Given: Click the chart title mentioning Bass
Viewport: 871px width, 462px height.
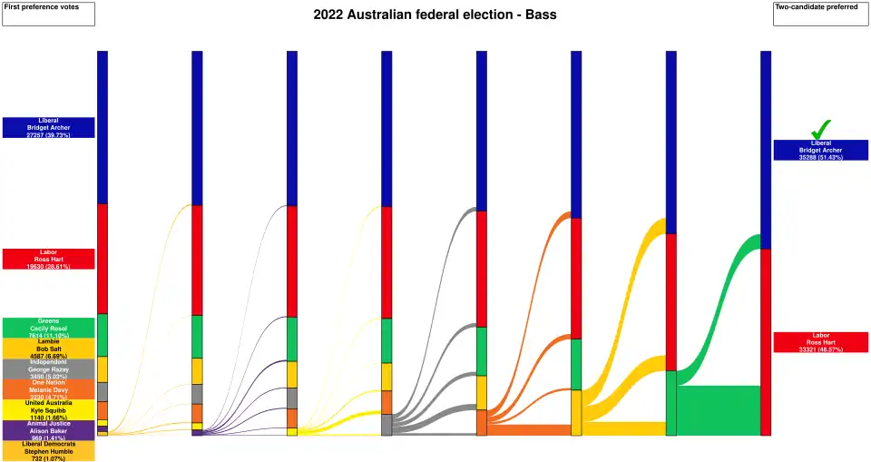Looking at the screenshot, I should tap(435, 15).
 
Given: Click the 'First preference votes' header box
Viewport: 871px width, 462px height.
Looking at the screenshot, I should tap(48, 14).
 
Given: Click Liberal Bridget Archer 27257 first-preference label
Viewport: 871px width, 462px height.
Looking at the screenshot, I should tap(48, 127).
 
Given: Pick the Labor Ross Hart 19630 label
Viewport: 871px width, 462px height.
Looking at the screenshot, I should tap(48, 259).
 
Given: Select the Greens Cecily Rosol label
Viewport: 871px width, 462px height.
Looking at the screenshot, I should tap(48, 328).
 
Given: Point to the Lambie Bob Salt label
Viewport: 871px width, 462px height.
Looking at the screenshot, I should tap(48, 349).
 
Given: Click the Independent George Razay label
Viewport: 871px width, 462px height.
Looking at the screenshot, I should tap(48, 369).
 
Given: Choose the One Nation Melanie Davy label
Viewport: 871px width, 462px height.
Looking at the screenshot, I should tap(48, 389).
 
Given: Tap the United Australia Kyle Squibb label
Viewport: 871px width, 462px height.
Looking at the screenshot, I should tap(48, 409).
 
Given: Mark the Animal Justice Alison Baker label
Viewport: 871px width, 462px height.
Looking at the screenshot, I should tap(48, 430).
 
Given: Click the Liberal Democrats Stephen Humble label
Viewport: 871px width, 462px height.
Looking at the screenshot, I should tap(48, 450).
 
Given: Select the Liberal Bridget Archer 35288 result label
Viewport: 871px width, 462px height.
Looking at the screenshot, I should tap(820, 150).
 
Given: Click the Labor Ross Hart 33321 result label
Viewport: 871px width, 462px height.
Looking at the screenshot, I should tap(820, 342).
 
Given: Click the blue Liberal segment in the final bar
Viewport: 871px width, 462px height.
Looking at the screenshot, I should tap(766, 150).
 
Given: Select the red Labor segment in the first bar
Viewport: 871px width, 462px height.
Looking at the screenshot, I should tap(103, 259).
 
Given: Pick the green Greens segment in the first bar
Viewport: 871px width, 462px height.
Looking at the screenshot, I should tap(103, 335).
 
